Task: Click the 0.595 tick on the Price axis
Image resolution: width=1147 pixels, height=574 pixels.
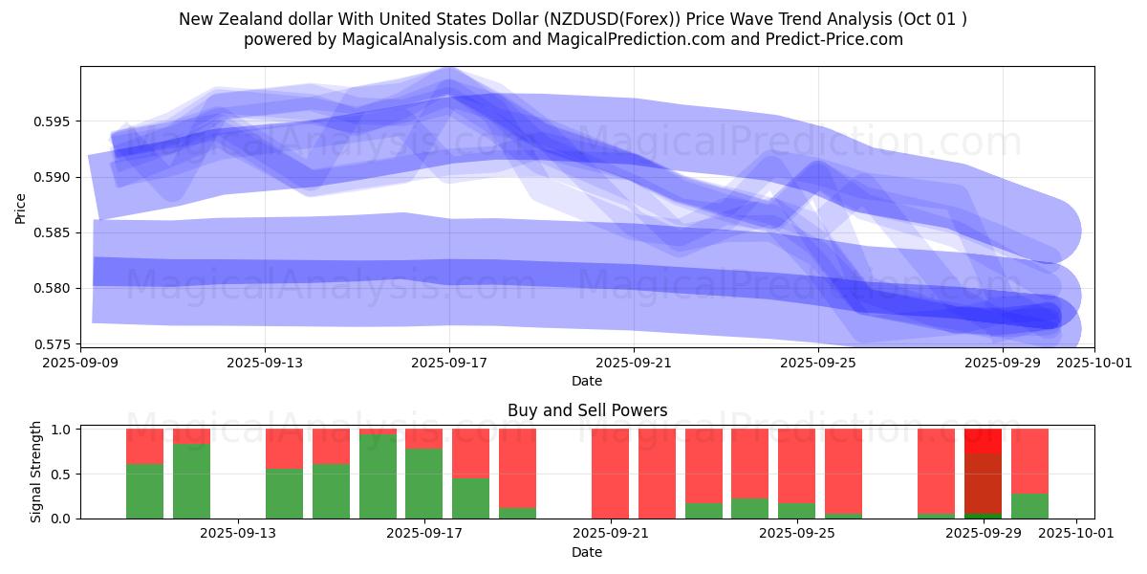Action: click(x=54, y=121)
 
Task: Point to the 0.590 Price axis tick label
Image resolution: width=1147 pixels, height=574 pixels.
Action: click(x=54, y=177)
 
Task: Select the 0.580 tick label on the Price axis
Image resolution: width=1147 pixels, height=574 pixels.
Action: click(x=54, y=288)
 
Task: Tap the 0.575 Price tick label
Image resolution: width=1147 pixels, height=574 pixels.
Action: click(x=54, y=343)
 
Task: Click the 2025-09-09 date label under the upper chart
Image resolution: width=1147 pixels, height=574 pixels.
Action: click(x=81, y=363)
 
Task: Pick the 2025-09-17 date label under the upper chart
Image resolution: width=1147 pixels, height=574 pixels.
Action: click(x=450, y=363)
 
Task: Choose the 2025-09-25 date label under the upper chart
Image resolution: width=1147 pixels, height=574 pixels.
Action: click(x=818, y=363)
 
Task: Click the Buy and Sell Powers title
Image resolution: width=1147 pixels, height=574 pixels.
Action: click(x=587, y=411)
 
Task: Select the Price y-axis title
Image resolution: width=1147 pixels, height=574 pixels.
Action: click(x=21, y=207)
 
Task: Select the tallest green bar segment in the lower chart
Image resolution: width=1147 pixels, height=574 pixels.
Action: click(x=378, y=476)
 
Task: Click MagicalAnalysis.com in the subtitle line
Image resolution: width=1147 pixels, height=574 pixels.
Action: click(x=394, y=39)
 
